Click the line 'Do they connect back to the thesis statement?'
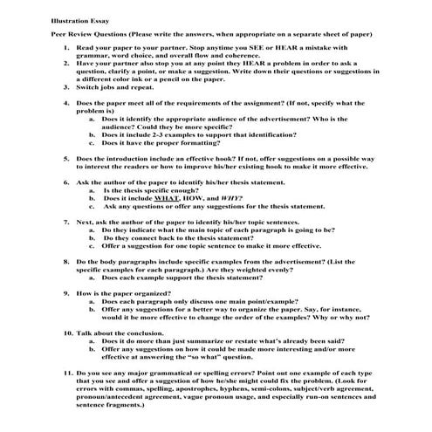182,237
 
